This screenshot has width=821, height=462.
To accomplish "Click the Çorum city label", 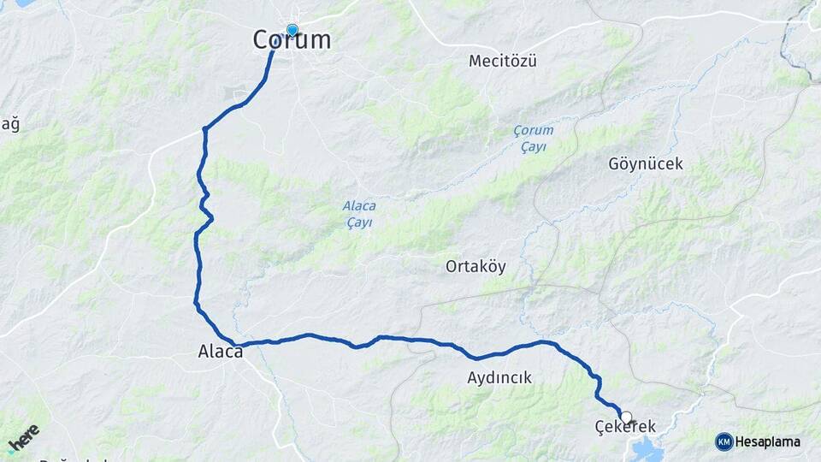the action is (x=292, y=40).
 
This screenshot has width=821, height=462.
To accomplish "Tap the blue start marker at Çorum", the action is (x=292, y=31).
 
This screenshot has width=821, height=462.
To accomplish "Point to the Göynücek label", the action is (x=646, y=163).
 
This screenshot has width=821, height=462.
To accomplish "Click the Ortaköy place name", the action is (x=475, y=266).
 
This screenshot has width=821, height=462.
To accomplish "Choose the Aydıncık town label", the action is (x=499, y=377).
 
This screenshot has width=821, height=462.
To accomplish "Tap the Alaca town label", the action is (x=221, y=350).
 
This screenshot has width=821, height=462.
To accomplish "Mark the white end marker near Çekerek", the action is (x=626, y=418).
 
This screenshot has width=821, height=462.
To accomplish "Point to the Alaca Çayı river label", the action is (x=359, y=214).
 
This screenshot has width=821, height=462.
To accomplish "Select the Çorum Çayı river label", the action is (x=534, y=139).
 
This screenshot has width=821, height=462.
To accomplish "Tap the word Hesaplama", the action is (x=767, y=441).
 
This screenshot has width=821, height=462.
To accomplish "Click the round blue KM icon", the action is (x=724, y=441).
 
